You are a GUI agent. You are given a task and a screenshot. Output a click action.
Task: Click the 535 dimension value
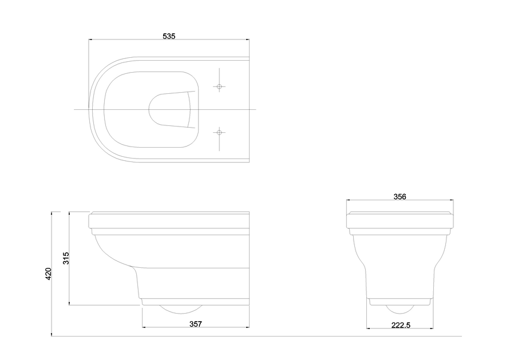pos(168,35)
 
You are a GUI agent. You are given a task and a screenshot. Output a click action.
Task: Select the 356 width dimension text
pos(400,196)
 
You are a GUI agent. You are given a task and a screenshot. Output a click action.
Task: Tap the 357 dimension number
pos(195,324)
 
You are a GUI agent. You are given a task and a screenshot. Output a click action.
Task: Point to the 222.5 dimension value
pos(400,325)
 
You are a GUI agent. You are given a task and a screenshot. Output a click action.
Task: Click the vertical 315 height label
pos(66,258)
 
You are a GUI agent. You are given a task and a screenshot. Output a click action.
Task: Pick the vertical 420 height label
pos(49,274)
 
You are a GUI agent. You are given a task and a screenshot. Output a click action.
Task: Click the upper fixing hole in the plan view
pos(219,86)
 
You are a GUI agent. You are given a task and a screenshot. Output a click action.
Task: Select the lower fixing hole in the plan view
pos(219,132)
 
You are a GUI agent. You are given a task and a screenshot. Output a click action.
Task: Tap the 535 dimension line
pos(126,40)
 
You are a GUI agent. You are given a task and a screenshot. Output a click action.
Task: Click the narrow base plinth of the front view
pos(400,301)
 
